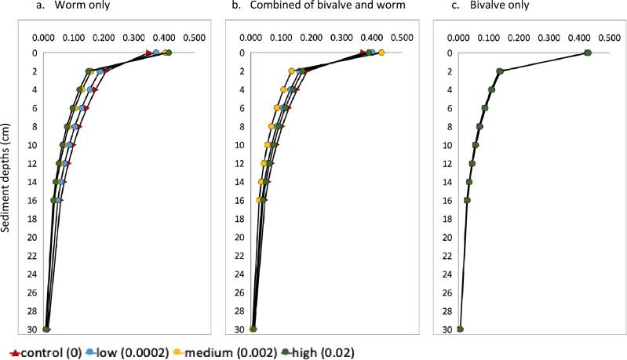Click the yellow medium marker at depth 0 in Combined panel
381,53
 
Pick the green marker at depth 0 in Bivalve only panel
588,53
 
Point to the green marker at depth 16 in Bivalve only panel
468,200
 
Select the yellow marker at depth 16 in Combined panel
260,200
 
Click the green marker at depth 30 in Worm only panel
46,329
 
